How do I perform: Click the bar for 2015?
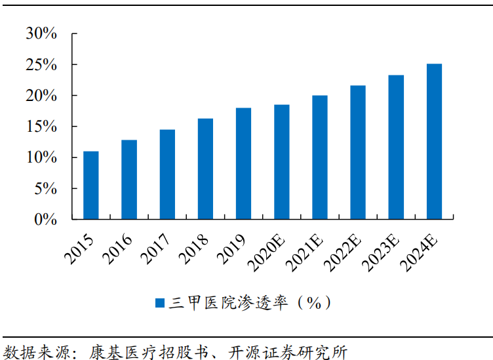pyautogui.click(x=90, y=185)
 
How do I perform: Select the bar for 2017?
pyautogui.click(x=167, y=174)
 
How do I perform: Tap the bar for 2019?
pyautogui.click(x=243, y=163)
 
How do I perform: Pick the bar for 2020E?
pyautogui.click(x=281, y=161)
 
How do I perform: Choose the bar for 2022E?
pyautogui.click(x=358, y=152)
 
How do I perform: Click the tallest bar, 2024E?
pyautogui.click(x=434, y=141)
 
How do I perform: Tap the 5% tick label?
pyautogui.click(x=46, y=189)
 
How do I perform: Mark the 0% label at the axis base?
pyautogui.click(x=46, y=220)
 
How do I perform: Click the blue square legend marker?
pyautogui.click(x=159, y=302)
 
